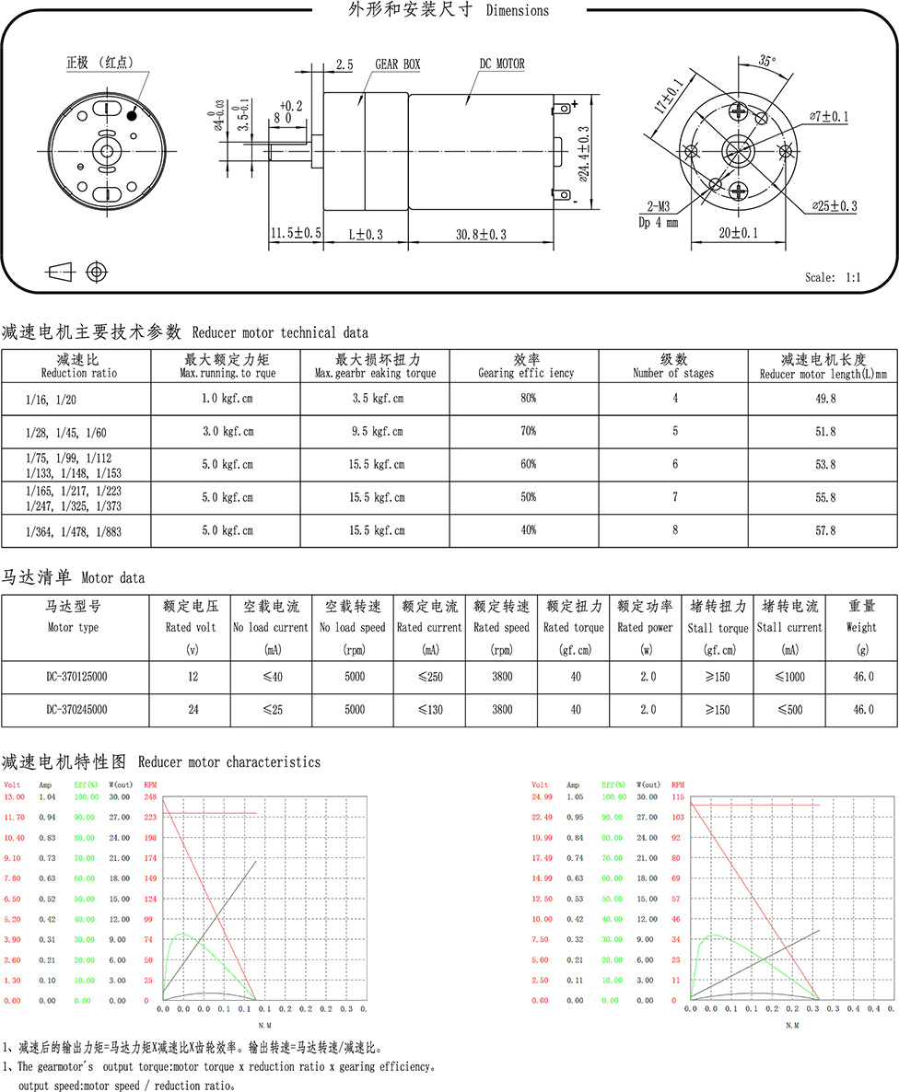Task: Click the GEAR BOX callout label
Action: coord(397,64)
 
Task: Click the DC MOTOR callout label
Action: coord(502,64)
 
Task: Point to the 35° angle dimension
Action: coord(766,61)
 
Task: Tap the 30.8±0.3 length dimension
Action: coord(481,235)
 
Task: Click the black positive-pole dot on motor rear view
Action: coord(133,115)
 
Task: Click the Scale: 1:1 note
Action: coord(834,277)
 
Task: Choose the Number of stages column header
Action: coord(673,366)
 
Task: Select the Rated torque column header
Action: coord(574,617)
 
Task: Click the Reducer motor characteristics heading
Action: coord(161,762)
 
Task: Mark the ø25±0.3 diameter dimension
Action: coord(835,206)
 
